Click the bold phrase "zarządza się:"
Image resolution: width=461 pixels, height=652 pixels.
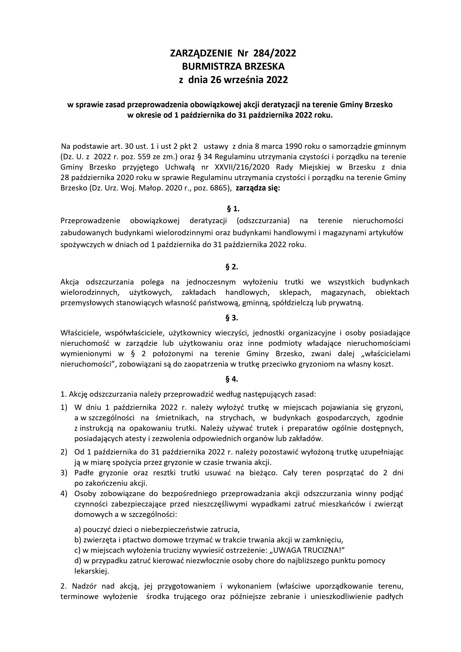click(x=258, y=188)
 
